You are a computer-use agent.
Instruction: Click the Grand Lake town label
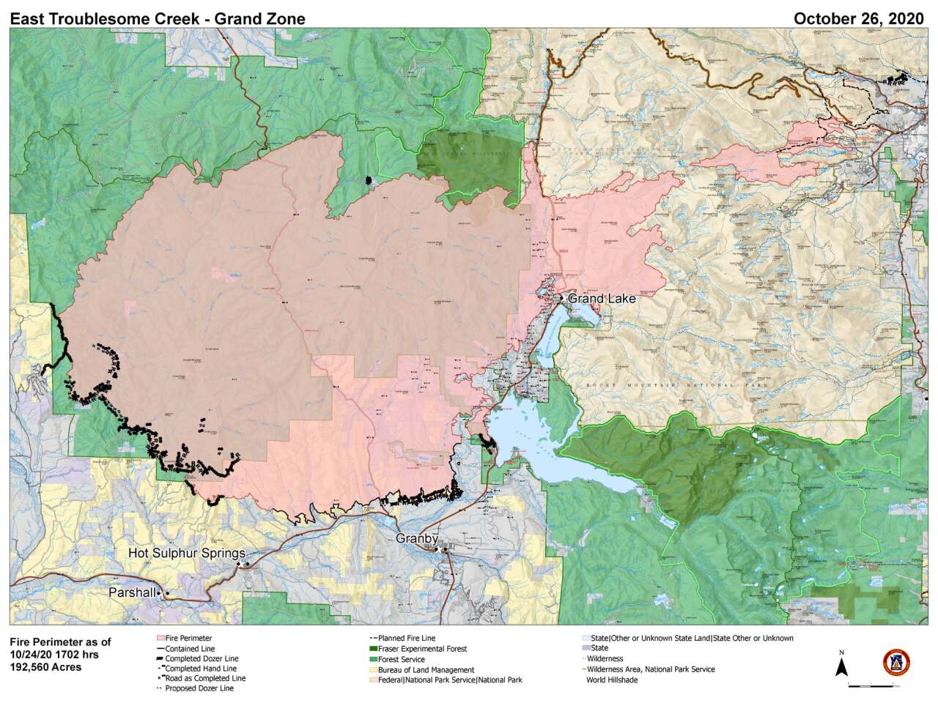pyautogui.click(x=602, y=298)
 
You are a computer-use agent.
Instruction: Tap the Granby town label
pyautogui.click(x=416, y=538)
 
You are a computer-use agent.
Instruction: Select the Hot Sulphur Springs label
pyautogui.click(x=186, y=553)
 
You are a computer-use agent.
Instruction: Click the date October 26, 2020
pyautogui.click(x=859, y=19)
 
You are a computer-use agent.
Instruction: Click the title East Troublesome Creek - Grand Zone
pyautogui.click(x=158, y=19)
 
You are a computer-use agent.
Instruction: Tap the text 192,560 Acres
pyautogui.click(x=45, y=667)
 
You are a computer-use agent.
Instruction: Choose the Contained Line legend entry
pyautogui.click(x=190, y=648)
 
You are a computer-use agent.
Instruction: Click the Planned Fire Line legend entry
pyautogui.click(x=406, y=638)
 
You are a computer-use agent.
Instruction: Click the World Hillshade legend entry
pyautogui.click(x=613, y=680)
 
